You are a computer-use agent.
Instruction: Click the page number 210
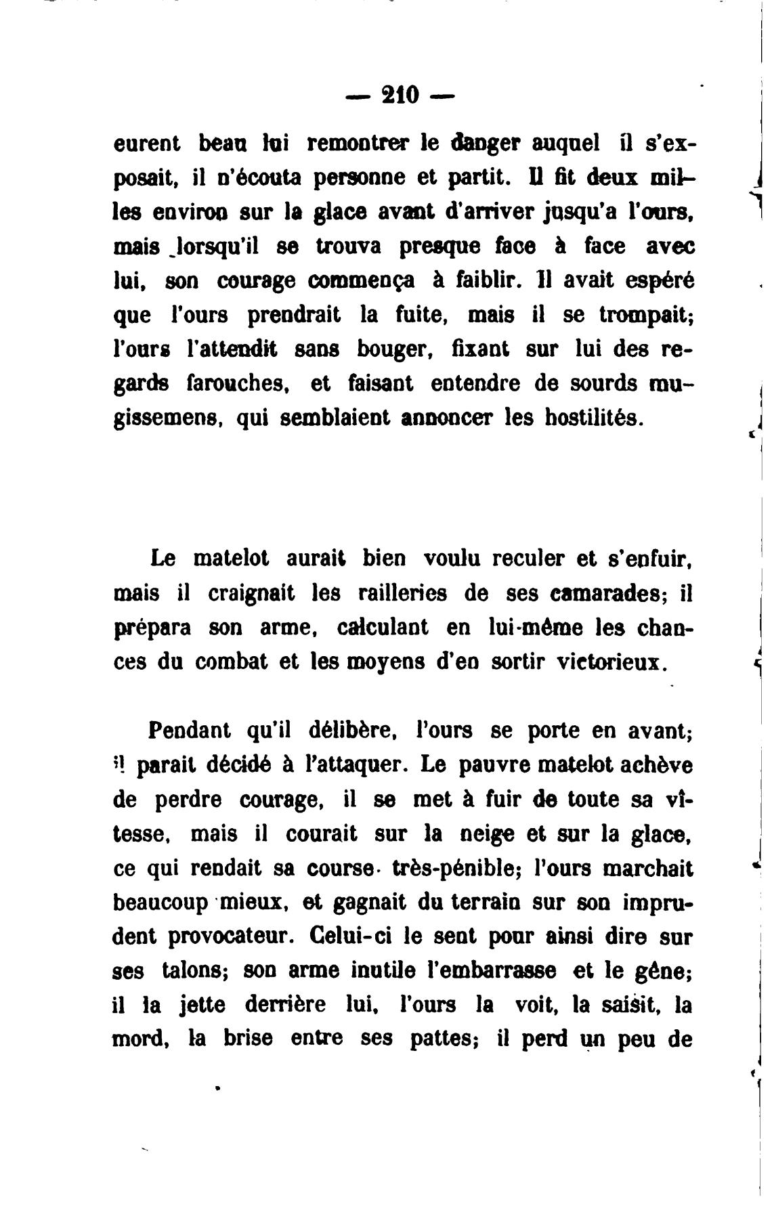click(x=401, y=95)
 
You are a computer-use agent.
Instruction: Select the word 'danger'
click(x=482, y=144)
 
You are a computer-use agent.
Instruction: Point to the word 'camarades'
click(x=605, y=593)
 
